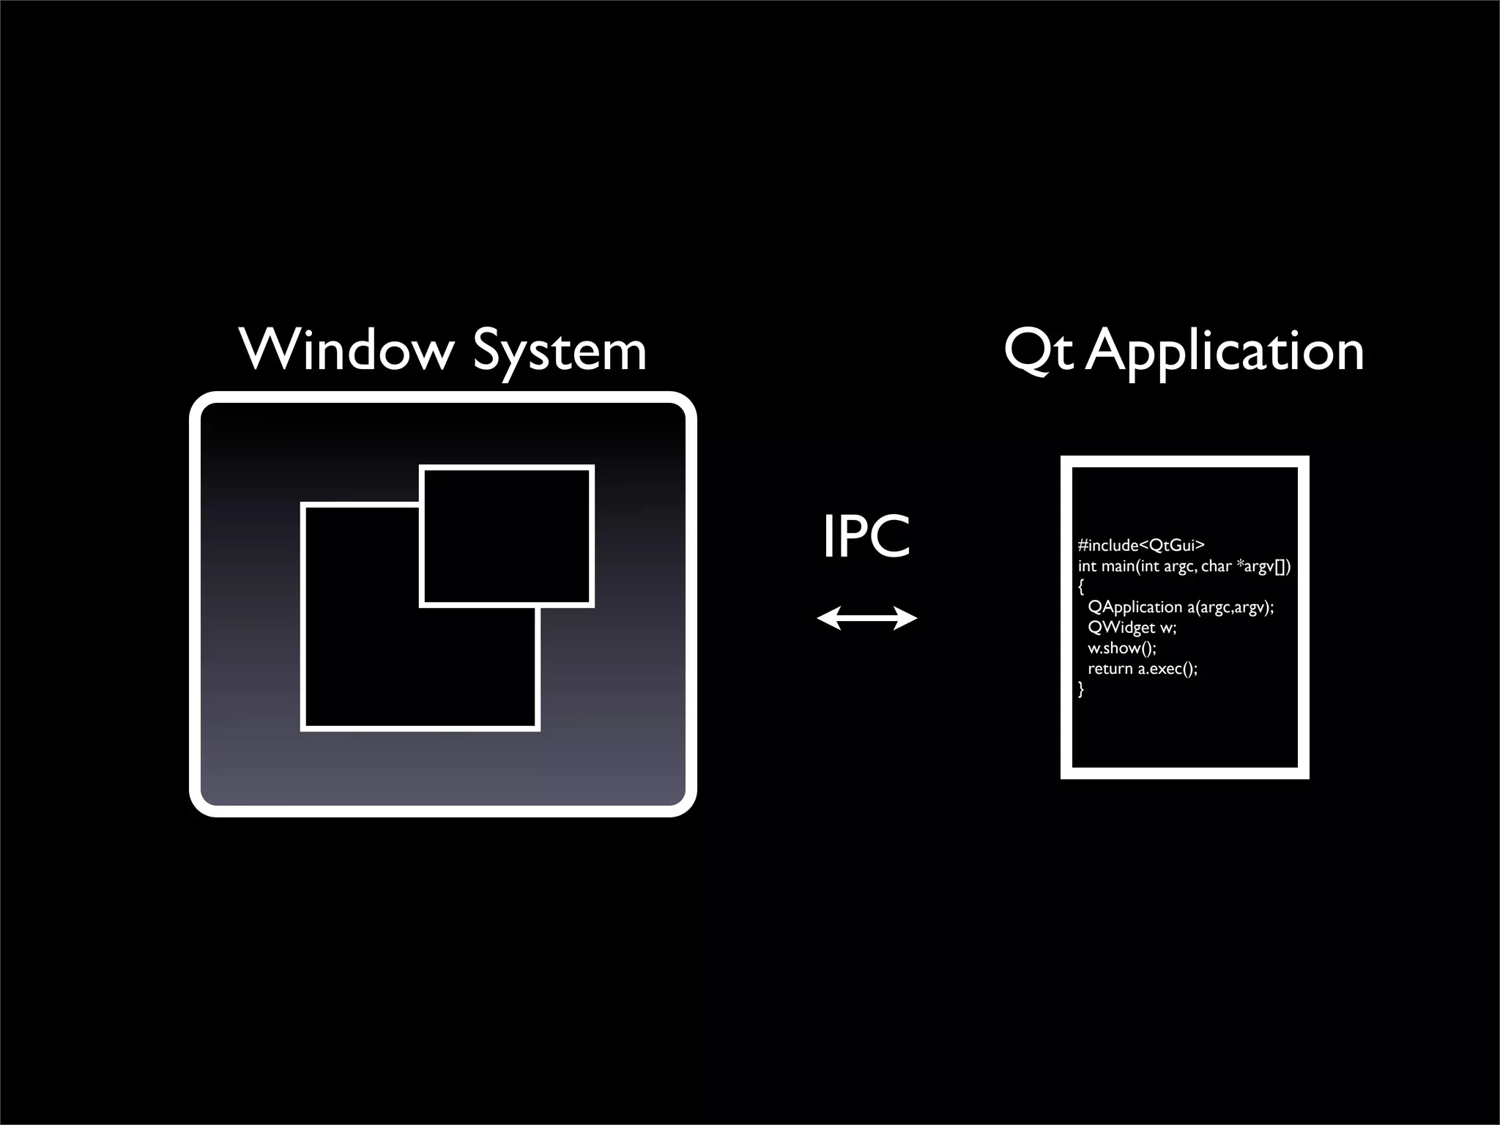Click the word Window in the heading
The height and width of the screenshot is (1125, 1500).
pyautogui.click(x=346, y=351)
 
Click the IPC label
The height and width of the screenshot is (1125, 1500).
pyautogui.click(x=866, y=536)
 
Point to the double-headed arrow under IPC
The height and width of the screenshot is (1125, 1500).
pyautogui.click(x=867, y=619)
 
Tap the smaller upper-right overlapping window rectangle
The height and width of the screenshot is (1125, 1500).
pyautogui.click(x=507, y=535)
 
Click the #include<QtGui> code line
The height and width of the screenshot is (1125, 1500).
pyautogui.click(x=1141, y=545)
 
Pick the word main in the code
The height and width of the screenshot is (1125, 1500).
pyautogui.click(x=1118, y=566)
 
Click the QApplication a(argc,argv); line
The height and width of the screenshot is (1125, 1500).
pyautogui.click(x=1181, y=607)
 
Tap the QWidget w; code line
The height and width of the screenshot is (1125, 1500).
pyautogui.click(x=1132, y=628)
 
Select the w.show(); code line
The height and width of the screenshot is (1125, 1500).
pyautogui.click(x=1121, y=648)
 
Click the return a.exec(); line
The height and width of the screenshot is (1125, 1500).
pyautogui.click(x=1142, y=669)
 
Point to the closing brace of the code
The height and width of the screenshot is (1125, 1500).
pyautogui.click(x=1081, y=689)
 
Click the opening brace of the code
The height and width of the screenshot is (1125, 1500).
pyautogui.click(x=1081, y=587)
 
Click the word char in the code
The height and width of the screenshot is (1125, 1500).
pyautogui.click(x=1216, y=566)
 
